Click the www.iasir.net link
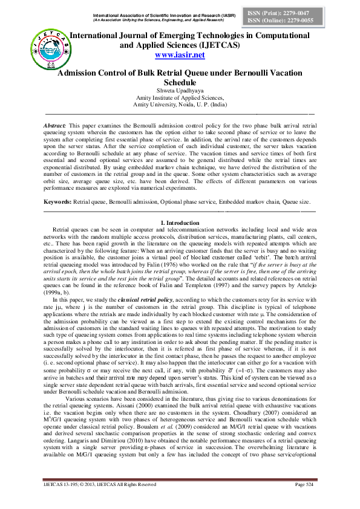click(180, 56)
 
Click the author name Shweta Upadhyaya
click(180, 91)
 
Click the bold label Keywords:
click(58, 200)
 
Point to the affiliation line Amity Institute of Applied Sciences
click(180, 97)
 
